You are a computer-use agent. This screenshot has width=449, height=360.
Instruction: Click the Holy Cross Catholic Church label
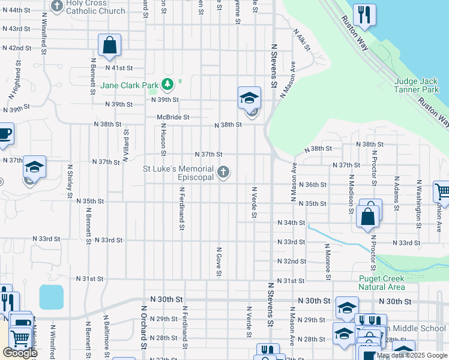click(96, 7)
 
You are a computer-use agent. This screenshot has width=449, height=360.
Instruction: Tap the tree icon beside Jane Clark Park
click(169, 85)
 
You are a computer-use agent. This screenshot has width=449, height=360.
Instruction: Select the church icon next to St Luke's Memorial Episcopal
click(223, 173)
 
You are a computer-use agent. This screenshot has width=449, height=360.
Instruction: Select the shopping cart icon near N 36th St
click(442, 191)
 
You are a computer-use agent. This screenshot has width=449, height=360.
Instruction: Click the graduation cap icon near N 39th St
click(249, 98)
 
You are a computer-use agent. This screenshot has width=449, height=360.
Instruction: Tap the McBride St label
click(173, 118)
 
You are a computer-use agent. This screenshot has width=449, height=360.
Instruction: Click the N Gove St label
click(219, 262)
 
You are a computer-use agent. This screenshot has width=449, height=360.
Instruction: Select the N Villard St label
click(125, 146)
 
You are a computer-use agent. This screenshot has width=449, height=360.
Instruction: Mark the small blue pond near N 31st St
click(51, 297)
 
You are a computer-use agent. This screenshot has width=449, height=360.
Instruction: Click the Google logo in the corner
click(19, 353)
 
